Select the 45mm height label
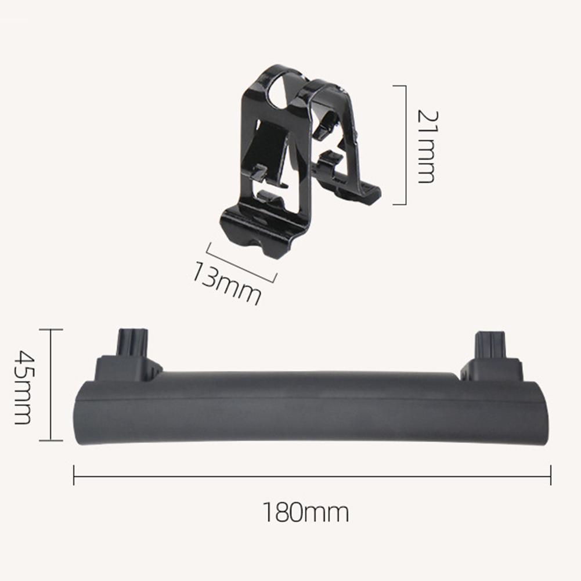pyautogui.click(x=22, y=387)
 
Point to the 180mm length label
pyautogui.click(x=306, y=512)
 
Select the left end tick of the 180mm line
pyautogui.click(x=74, y=475)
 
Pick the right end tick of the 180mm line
pyautogui.click(x=551, y=475)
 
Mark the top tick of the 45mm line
pyautogui.click(x=50, y=329)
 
